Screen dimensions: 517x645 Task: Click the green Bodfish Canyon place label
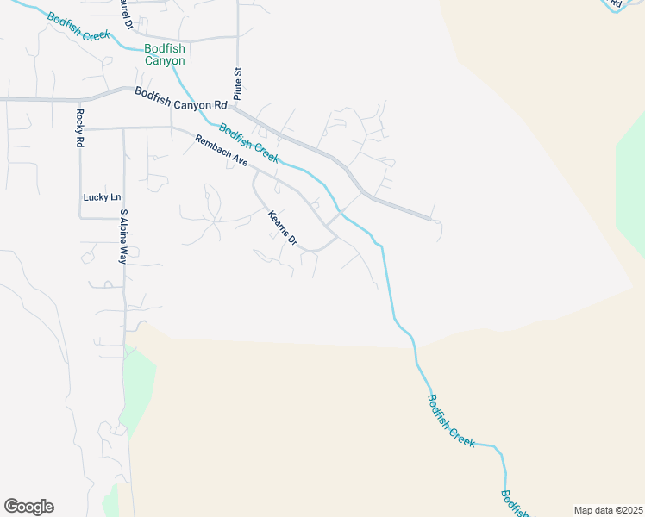coord(165,55)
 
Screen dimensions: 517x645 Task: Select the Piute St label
coord(236,84)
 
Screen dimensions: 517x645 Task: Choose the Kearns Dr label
coord(282,228)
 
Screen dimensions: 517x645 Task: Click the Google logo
coord(28,507)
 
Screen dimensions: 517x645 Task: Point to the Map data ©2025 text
coord(608,510)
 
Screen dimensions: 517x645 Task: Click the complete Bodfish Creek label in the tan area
coord(451,420)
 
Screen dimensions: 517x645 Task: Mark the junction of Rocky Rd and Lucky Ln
coord(79,218)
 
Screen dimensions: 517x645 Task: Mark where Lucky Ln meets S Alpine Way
coord(125,218)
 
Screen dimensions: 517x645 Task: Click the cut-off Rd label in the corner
coord(615,4)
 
